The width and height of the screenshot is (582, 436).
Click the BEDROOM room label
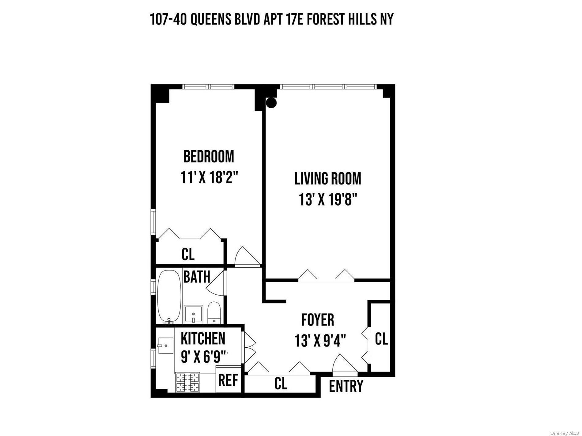click(209, 156)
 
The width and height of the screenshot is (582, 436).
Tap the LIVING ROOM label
click(328, 179)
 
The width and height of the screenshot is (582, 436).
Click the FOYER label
click(318, 320)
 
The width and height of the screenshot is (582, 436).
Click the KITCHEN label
click(203, 338)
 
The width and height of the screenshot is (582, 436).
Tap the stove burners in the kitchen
click(187, 382)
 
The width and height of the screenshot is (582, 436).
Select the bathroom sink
click(194, 314)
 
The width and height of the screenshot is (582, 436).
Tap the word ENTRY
click(346, 386)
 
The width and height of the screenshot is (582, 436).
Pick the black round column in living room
click(271, 102)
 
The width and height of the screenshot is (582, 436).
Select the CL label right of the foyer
click(381, 339)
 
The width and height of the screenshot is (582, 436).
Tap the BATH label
click(197, 277)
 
